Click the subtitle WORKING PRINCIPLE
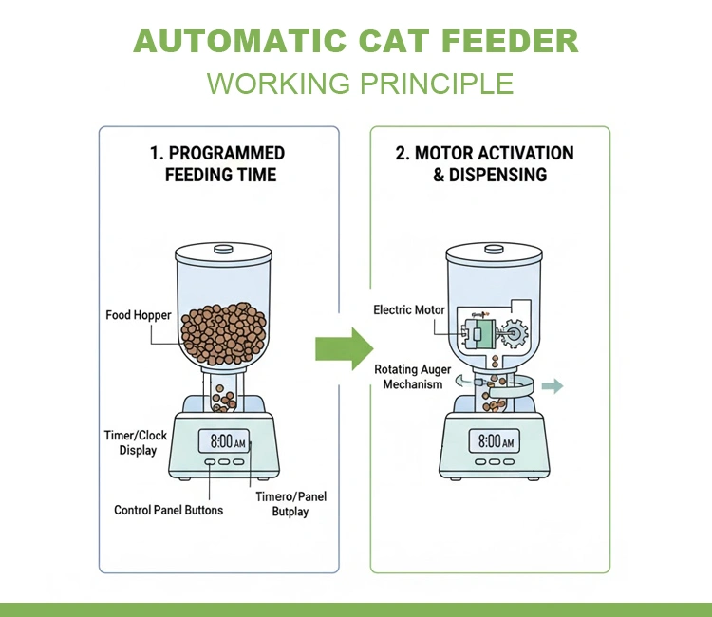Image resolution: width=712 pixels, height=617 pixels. (360, 83)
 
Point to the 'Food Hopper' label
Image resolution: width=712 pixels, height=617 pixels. (139, 315)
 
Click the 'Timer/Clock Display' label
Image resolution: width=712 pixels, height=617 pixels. (137, 442)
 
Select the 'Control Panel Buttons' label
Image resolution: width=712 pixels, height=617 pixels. (169, 510)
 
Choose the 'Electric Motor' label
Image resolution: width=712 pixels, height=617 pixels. (409, 310)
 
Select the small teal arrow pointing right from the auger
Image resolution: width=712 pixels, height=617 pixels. (553, 386)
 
